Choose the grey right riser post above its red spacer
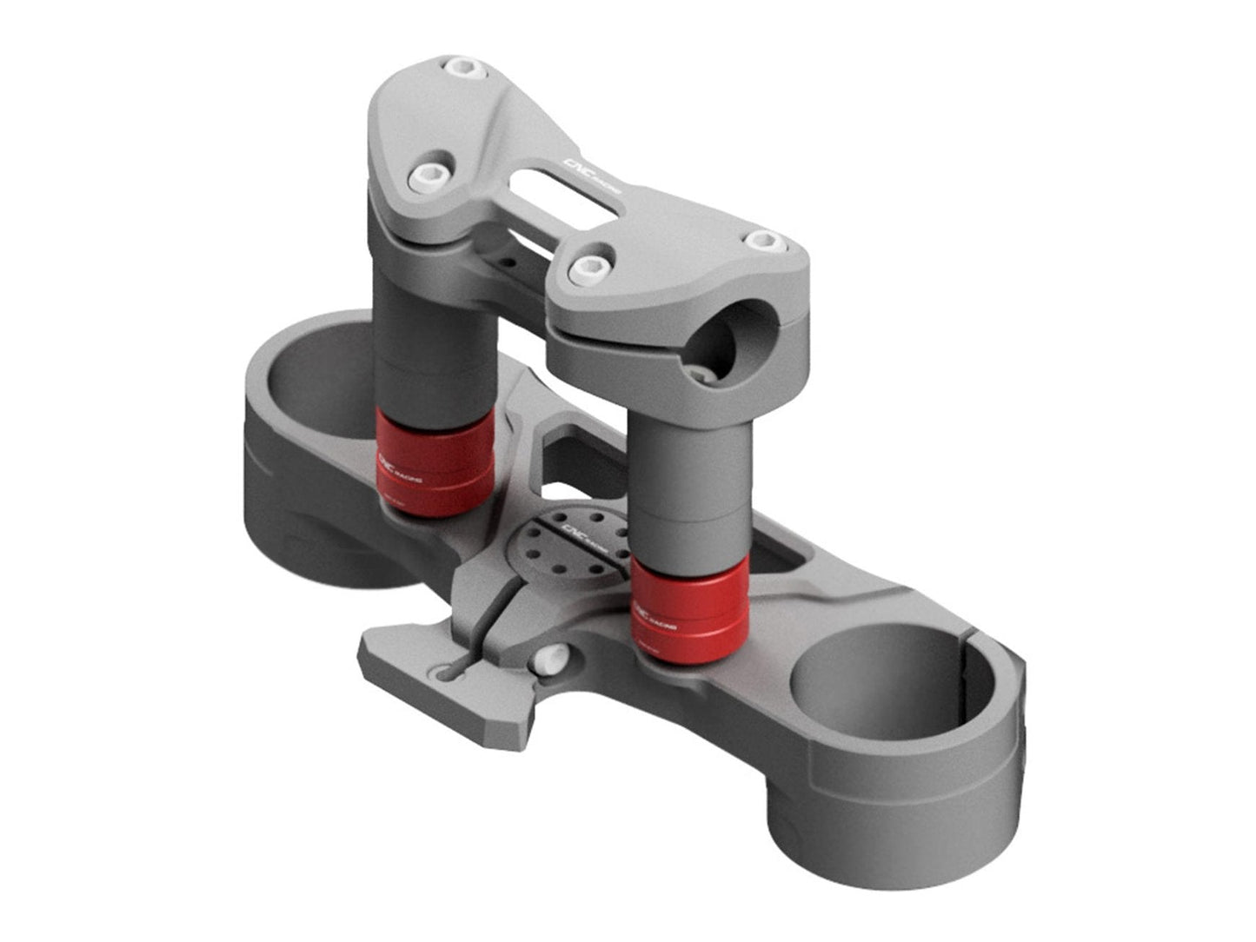[x=687, y=487]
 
